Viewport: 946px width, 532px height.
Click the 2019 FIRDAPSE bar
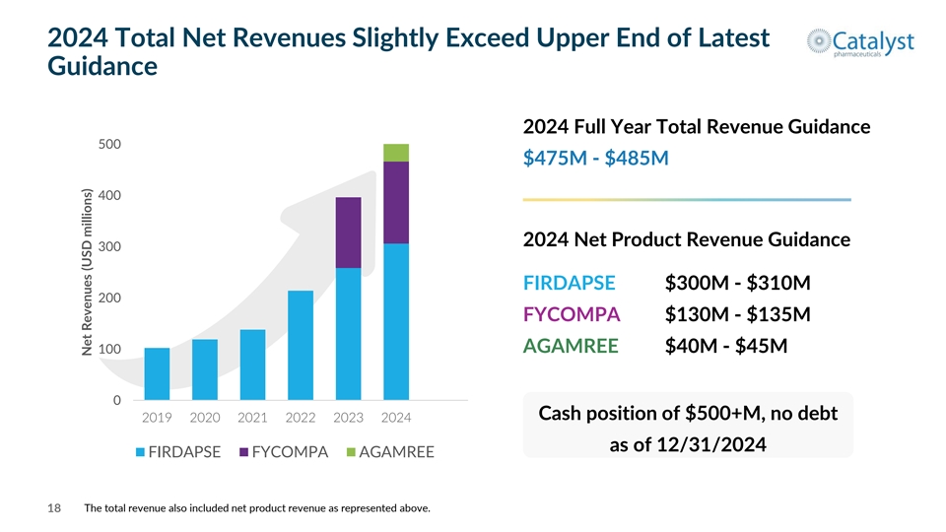(157, 374)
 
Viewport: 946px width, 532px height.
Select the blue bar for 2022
(301, 345)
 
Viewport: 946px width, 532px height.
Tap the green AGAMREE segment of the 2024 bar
(396, 153)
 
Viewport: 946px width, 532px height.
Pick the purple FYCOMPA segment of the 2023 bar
(348, 233)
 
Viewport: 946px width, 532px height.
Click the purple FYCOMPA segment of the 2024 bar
(396, 202)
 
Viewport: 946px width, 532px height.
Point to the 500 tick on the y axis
(110, 145)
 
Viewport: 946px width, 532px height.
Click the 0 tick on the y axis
(116, 401)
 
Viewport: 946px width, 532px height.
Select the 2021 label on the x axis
(253, 418)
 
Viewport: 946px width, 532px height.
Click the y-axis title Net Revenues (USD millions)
(87, 273)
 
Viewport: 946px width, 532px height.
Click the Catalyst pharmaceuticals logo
(859, 44)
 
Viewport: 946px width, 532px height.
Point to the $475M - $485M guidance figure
(597, 158)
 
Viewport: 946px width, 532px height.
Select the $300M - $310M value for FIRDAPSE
(738, 284)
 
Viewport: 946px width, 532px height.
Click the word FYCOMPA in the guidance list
(572, 315)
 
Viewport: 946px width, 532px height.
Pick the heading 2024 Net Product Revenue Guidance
(687, 239)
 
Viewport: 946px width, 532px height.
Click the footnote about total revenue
(257, 508)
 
